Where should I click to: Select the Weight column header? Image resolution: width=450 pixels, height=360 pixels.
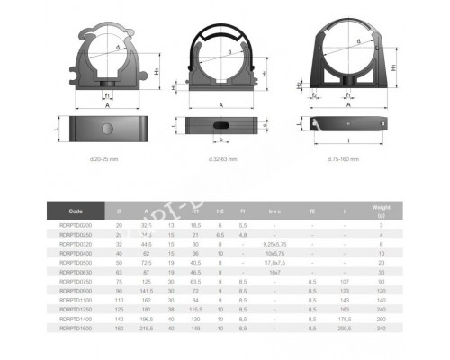pyautogui.click(x=382, y=210)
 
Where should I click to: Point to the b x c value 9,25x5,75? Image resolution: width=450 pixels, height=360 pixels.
pyautogui.click(x=274, y=244)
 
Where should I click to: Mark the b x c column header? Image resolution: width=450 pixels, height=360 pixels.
pyautogui.click(x=274, y=210)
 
